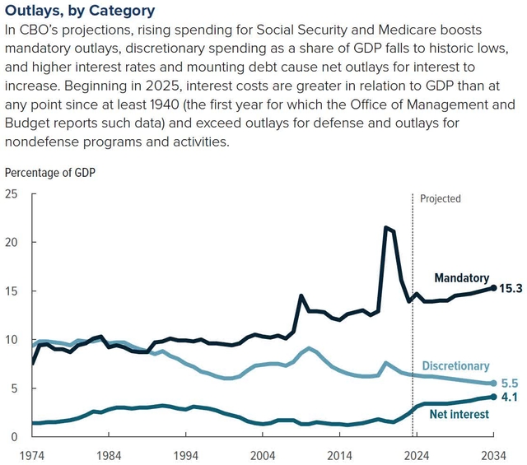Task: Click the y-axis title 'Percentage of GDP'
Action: pyautogui.click(x=51, y=173)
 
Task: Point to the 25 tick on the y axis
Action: pyautogui.click(x=11, y=194)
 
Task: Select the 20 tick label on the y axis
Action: pyautogui.click(x=11, y=243)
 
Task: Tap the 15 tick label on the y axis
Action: pyautogui.click(x=11, y=291)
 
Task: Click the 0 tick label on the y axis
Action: pyautogui.click(x=14, y=436)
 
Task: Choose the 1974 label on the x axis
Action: pyautogui.click(x=32, y=454)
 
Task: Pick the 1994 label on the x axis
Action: pyautogui.click(x=186, y=454)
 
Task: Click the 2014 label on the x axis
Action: pyautogui.click(x=340, y=454)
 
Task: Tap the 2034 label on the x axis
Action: pyautogui.click(x=494, y=454)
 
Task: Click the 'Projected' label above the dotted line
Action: pyautogui.click(x=441, y=199)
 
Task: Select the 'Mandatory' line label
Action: pyautogui.click(x=461, y=278)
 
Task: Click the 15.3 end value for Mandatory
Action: pyautogui.click(x=511, y=288)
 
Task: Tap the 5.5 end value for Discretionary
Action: pyautogui.click(x=511, y=384)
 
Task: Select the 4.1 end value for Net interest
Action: pyautogui.click(x=511, y=397)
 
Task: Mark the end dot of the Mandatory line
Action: pyautogui.click(x=494, y=288)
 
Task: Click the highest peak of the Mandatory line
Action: pyautogui.click(x=385, y=227)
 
